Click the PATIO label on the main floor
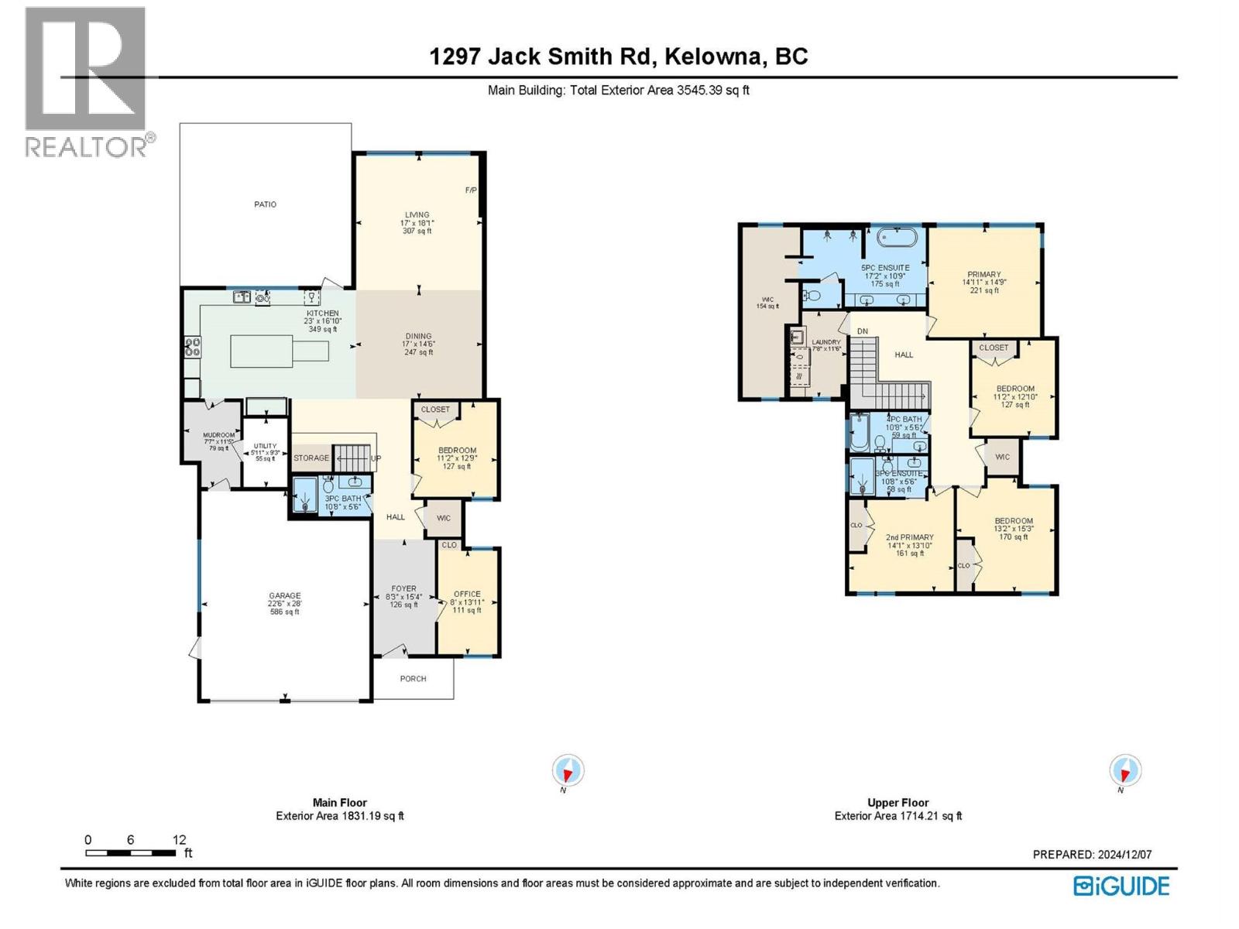[x=265, y=204]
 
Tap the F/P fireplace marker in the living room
[x=470, y=190]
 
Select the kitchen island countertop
[x=279, y=351]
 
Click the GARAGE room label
[x=285, y=596]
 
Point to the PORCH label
[x=413, y=679]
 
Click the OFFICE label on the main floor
[x=467, y=594]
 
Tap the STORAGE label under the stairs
[x=311, y=458]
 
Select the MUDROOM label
[x=218, y=435]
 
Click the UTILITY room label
[x=265, y=446]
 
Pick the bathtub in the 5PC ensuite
[x=897, y=237]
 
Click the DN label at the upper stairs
[x=863, y=331]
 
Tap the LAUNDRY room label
[x=826, y=342]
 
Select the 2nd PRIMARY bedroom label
[x=909, y=537]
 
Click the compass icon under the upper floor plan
[x=1124, y=771]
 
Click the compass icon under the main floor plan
[x=568, y=771]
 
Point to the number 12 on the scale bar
[x=179, y=840]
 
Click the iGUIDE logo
[x=1121, y=886]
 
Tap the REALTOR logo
[x=87, y=81]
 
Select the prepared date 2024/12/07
[x=1124, y=855]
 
